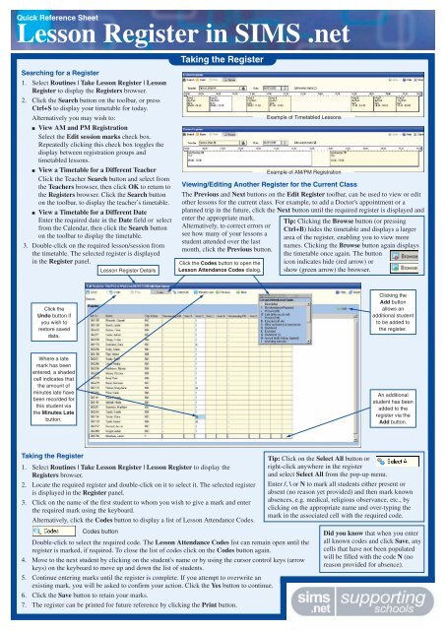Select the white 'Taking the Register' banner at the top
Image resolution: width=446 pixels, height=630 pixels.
[x=211, y=61]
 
